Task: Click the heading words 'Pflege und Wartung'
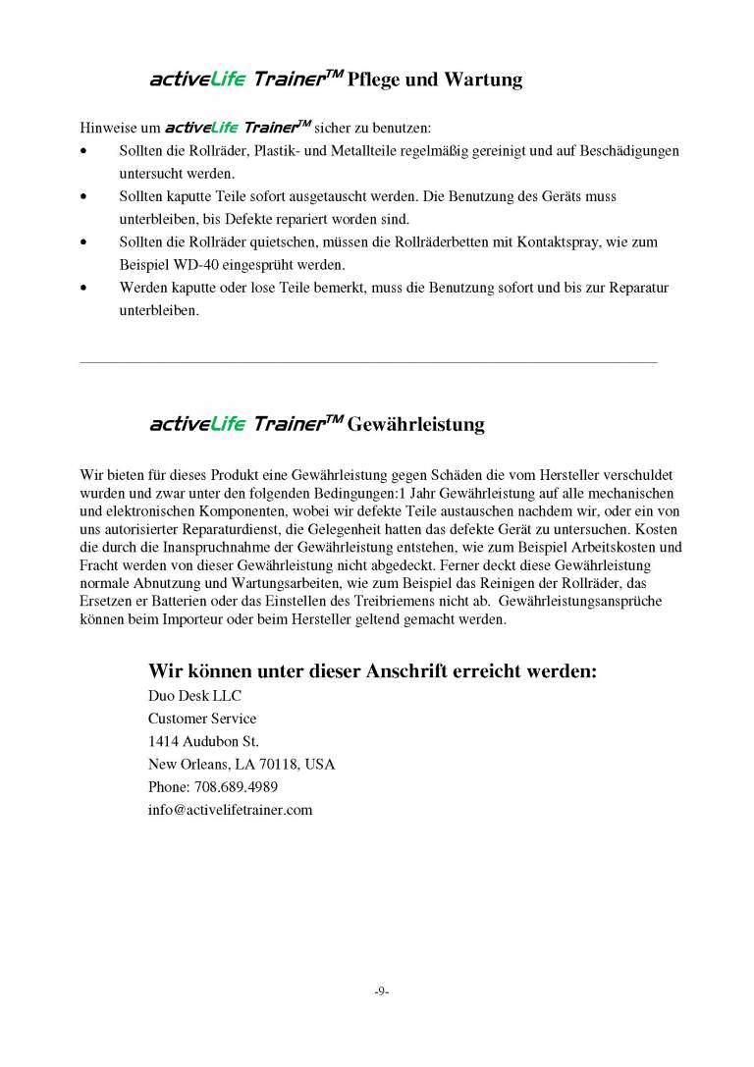435,80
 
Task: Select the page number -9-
381,991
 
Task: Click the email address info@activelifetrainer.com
230,810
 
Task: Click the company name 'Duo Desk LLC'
194,696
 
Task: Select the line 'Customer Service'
202,719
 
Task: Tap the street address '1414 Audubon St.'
203,741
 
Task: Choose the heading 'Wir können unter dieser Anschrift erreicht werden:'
372,671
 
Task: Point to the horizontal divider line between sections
368,362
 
